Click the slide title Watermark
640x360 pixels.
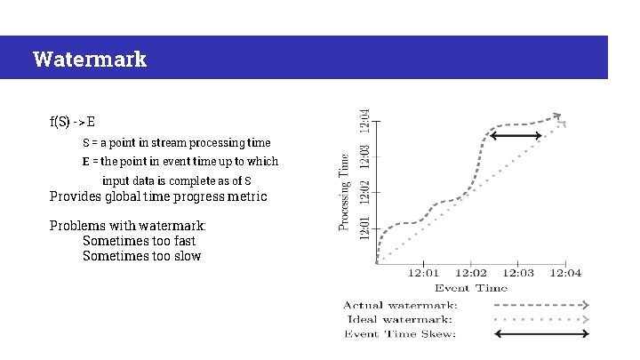(x=89, y=60)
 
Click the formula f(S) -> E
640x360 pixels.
(x=73, y=121)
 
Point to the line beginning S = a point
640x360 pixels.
(x=176, y=142)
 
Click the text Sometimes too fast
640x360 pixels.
(x=139, y=241)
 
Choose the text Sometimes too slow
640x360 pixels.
(x=141, y=256)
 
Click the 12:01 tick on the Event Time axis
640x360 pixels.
(x=423, y=273)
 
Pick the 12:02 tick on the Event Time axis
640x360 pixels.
(x=470, y=273)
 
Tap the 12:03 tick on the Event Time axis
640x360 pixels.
(x=518, y=273)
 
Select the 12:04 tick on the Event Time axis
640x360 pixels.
(x=565, y=273)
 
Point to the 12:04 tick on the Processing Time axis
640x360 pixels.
(x=364, y=123)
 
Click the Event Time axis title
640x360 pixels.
(x=471, y=287)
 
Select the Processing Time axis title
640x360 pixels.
(x=344, y=191)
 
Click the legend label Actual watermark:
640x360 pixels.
(x=401, y=305)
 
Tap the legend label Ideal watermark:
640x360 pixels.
(x=397, y=318)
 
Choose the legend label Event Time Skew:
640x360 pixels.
(x=401, y=333)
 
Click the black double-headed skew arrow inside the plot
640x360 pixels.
(x=516, y=136)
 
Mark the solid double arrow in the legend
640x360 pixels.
(x=541, y=333)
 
